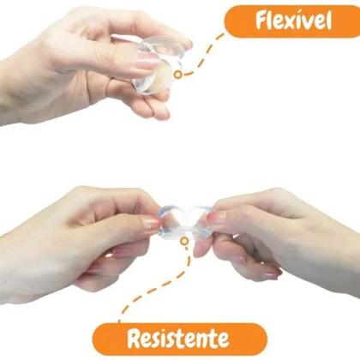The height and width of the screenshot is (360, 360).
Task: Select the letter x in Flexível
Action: point(286,23)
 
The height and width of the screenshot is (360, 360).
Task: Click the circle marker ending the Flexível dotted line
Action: point(178,74)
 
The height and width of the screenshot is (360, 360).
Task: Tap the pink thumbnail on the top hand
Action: point(147,60)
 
